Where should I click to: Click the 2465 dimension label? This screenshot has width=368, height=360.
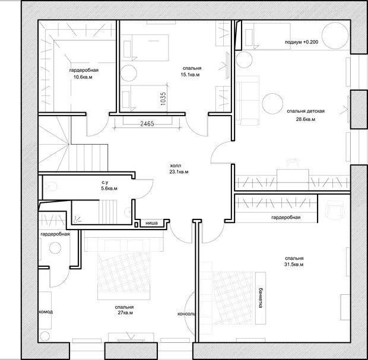click(x=147, y=123)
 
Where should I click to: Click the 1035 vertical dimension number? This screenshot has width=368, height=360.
click(x=163, y=98)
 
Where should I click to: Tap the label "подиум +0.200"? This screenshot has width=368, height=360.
click(x=302, y=42)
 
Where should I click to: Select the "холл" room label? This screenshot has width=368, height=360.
click(x=176, y=165)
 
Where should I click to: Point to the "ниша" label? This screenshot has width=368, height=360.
click(x=151, y=223)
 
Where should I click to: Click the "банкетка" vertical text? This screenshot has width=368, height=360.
click(x=261, y=297)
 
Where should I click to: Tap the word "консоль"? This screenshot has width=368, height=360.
click(x=186, y=314)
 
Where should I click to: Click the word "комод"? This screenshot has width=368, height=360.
click(x=46, y=312)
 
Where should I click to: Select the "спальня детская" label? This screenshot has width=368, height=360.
click(x=306, y=111)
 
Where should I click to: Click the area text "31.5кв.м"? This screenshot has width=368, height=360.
click(x=294, y=265)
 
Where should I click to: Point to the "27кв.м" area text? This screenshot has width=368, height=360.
click(x=125, y=313)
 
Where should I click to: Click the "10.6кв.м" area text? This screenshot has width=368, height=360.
click(x=83, y=77)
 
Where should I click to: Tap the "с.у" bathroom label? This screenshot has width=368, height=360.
click(x=105, y=182)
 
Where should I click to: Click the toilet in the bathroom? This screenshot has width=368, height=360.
click(x=50, y=186)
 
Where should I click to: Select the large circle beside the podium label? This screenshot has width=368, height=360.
click(x=335, y=36)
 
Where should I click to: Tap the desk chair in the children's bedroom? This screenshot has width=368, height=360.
click(x=293, y=164)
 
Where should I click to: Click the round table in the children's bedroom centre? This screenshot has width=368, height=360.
click(x=272, y=104)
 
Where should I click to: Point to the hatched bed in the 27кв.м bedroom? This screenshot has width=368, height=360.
click(x=123, y=276)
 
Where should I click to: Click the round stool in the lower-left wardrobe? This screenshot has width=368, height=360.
click(x=55, y=248)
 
